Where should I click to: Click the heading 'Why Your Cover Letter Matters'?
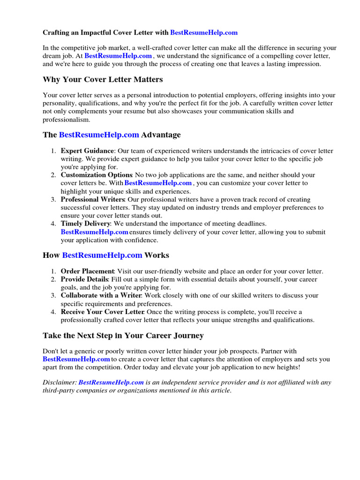click(103, 79)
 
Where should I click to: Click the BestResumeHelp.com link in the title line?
click(204, 32)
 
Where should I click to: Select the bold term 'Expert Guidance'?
click(87, 151)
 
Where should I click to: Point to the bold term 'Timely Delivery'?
click(85, 224)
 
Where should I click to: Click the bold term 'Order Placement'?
click(87, 271)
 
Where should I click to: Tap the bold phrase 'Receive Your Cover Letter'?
click(103, 312)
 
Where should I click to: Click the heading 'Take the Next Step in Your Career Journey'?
click(123, 336)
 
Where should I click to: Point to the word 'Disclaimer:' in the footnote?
click(60, 382)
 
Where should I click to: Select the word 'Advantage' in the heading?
click(161, 135)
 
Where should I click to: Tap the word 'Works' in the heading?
click(157, 255)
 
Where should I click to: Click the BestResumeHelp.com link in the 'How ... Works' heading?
click(102, 255)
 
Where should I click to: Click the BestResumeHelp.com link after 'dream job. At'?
click(118, 56)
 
